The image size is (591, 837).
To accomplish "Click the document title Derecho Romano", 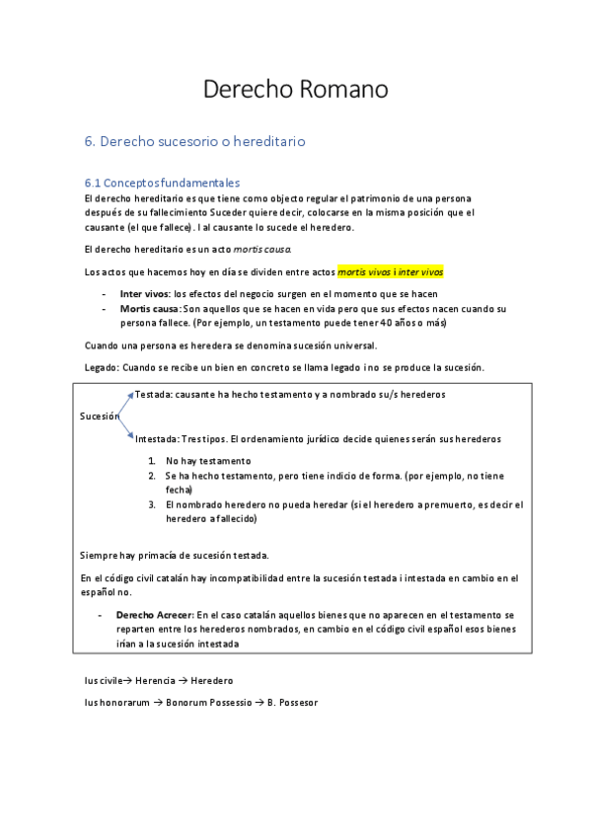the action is (295, 89).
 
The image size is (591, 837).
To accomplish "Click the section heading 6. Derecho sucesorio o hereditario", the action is (194, 141).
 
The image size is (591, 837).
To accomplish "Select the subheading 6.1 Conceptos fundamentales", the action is (162, 183).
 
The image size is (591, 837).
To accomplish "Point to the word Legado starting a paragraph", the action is (101, 367).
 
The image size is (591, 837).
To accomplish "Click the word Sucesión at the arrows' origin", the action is (99, 416).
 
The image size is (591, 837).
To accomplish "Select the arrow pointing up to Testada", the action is (125, 404).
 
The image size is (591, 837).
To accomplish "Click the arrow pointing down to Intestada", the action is (125, 428).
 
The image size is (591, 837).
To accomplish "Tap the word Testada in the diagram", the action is (154, 394).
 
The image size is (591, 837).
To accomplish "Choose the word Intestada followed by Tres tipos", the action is (157, 438).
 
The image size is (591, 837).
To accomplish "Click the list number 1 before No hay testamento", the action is (152, 461).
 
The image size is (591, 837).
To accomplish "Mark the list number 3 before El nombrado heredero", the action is (153, 504).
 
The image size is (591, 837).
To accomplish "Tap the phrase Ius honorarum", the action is (116, 702).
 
